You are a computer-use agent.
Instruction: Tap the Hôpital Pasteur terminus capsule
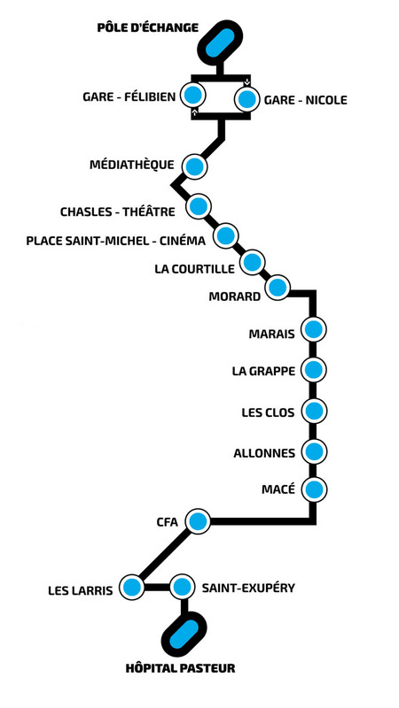[184, 634]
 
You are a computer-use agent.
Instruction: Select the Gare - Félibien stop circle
[192, 96]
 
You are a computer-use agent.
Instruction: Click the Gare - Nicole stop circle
[246, 99]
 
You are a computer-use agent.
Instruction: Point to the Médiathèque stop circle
[194, 165]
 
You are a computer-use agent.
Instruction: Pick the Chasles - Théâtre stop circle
[199, 206]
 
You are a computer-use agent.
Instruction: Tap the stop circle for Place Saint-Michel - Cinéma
[226, 235]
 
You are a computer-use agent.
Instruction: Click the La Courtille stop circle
[252, 262]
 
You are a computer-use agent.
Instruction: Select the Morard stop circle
[278, 287]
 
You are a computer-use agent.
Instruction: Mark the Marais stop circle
[314, 329]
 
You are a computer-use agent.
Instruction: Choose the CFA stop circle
[198, 521]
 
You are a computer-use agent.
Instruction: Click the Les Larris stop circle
[131, 587]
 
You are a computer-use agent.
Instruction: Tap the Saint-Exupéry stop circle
[182, 587]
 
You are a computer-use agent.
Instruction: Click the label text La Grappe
[263, 372]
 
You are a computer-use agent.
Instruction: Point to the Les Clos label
[268, 412]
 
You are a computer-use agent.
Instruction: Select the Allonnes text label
[264, 453]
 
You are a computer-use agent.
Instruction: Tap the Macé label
[278, 489]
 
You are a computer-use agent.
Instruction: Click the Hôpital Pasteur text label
[181, 668]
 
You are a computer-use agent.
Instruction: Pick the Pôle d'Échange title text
[148, 27]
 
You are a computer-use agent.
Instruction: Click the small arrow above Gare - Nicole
[246, 82]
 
